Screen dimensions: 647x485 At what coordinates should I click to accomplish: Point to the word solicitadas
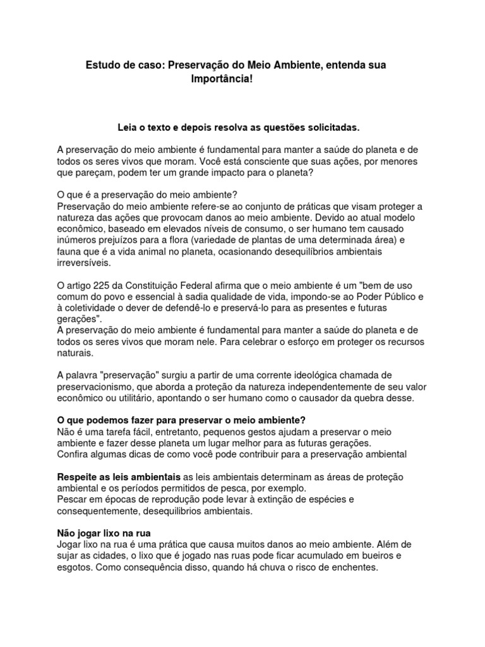(331, 128)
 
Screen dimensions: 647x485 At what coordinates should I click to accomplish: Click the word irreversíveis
(84, 263)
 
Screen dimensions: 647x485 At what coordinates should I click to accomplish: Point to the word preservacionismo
(96, 387)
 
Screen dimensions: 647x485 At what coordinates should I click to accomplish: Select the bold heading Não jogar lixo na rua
(104, 533)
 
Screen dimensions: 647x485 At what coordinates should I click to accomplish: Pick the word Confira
(75, 454)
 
